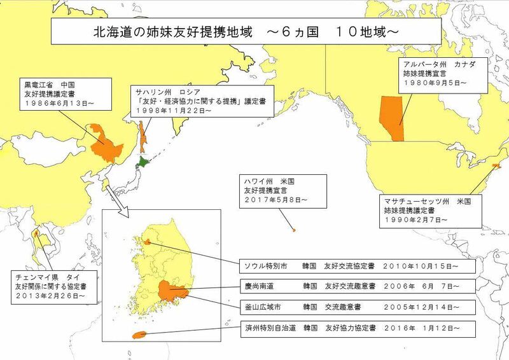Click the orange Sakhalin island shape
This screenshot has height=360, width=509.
click(143, 130)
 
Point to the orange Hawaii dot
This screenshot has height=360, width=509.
click(293, 230)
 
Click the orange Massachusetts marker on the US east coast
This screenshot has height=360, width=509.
click(496, 167)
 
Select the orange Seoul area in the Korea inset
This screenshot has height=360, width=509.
click(148, 242)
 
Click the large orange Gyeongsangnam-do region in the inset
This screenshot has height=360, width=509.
click(170, 291)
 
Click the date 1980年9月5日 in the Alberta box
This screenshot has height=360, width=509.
click(433, 83)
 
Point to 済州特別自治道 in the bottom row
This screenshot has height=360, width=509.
click(263, 328)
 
